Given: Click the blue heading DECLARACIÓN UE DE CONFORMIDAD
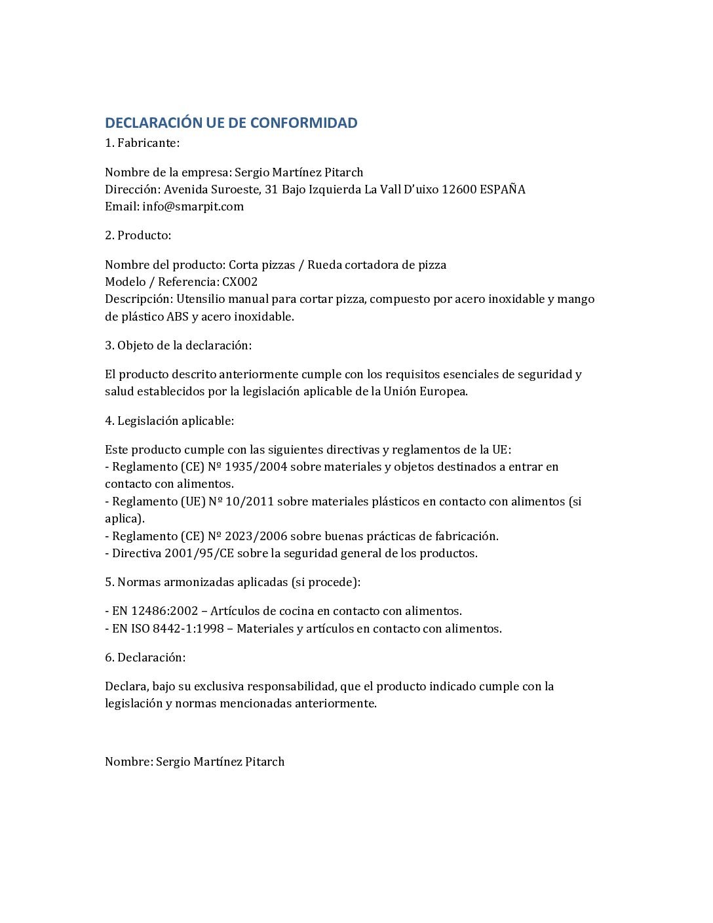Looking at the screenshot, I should point(231,123).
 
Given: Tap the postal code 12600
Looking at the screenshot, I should point(459,189).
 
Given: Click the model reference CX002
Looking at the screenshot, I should point(240,282).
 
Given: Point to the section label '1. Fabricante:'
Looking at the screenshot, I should point(142,143).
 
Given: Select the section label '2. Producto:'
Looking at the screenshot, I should point(138,235).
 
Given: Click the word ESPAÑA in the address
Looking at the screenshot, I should point(503,189).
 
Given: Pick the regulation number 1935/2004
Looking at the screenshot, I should point(256,467).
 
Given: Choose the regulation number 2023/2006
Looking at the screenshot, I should point(256,536).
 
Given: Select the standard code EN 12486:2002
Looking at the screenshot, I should point(155,611).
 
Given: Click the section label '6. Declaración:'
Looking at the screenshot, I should point(145,658).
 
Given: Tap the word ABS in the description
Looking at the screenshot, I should point(178,317).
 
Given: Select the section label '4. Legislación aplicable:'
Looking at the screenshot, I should point(169,421).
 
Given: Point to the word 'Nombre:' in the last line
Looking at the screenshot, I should point(128,762).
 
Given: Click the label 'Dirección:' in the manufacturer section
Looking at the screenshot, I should point(132,189).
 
